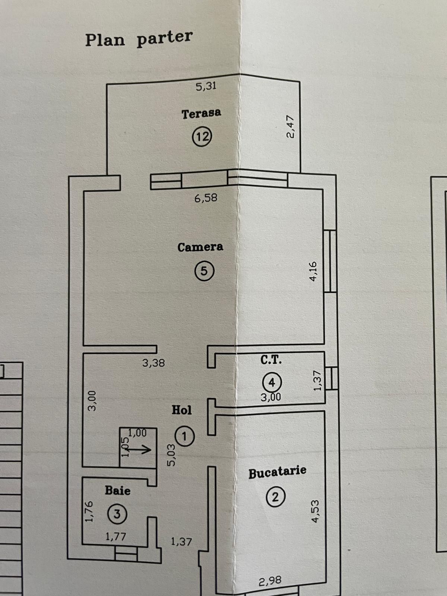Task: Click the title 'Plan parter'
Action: point(139,39)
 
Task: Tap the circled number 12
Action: point(202,137)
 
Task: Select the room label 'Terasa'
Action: point(202,114)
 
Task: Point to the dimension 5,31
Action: point(206,86)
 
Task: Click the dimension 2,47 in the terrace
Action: point(291,127)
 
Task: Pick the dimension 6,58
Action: point(206,198)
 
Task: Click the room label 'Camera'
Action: point(200,247)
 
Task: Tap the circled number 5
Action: point(205,271)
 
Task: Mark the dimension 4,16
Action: point(313,272)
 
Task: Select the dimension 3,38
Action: point(153,363)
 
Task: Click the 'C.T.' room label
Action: point(271,360)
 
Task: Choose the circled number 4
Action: point(272,383)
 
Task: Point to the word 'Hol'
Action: point(181,410)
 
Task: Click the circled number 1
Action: point(184,437)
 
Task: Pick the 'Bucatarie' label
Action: point(278,473)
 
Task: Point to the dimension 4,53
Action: point(316,511)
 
